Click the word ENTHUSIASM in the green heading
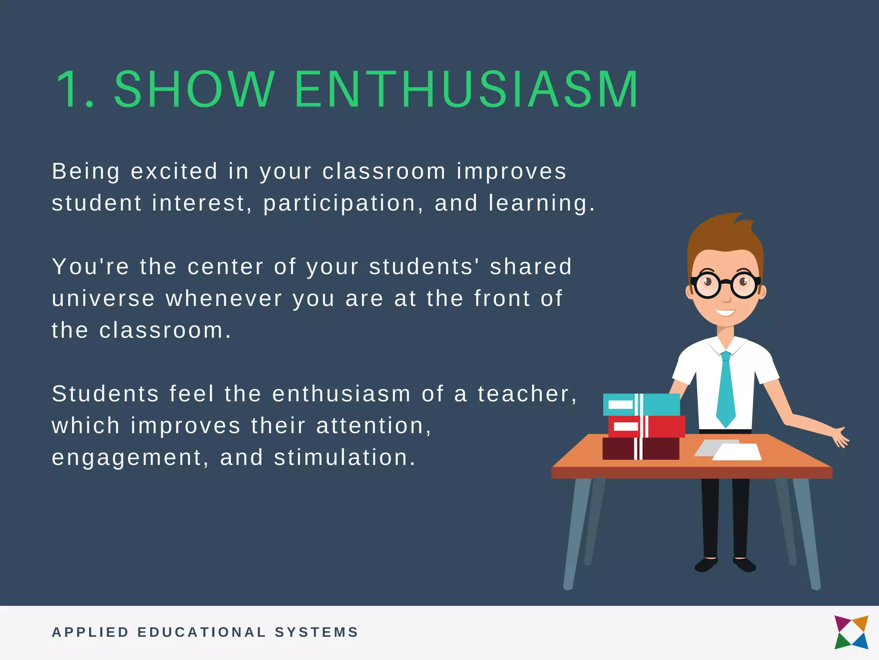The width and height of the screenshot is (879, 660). click(x=467, y=89)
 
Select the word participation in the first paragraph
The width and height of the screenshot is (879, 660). click(x=339, y=203)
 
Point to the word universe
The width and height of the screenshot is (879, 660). click(x=103, y=299)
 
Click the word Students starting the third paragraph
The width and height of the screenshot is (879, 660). click(x=106, y=394)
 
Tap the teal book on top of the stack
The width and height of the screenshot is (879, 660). click(x=641, y=404)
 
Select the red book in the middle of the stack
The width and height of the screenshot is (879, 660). click(x=646, y=426)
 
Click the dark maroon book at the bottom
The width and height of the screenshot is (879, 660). click(x=641, y=449)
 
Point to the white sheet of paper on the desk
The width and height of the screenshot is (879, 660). click(x=737, y=452)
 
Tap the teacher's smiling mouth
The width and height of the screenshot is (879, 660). click(x=725, y=312)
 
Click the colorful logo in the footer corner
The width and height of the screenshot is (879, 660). click(x=851, y=632)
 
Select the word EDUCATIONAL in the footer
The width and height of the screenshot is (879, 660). click(x=202, y=632)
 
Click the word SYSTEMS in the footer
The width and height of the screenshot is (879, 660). click(x=316, y=632)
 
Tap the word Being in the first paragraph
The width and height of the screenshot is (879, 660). click(x=85, y=172)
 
